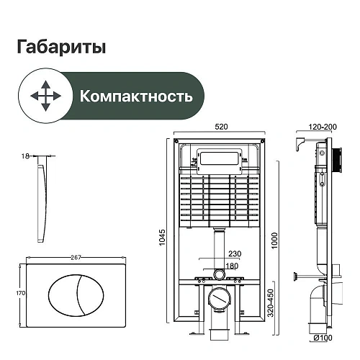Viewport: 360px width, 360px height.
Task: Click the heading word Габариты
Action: (x=60, y=48)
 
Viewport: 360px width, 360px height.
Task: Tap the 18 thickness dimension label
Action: (x=25, y=155)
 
